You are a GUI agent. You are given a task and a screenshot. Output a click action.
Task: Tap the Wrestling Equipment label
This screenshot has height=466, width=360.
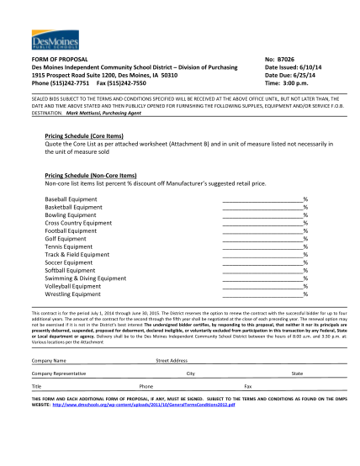tap(72, 294)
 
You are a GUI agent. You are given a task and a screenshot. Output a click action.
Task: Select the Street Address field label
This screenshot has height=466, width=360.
tap(172, 359)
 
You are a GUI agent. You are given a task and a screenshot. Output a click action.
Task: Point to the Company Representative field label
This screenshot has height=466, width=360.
tap(59, 373)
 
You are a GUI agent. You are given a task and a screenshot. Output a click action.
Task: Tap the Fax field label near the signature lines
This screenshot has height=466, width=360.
tap(247, 386)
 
